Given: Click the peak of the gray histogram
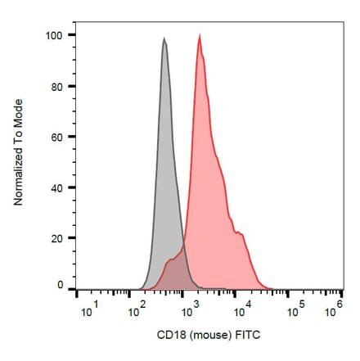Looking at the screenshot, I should pyautogui.click(x=164, y=38).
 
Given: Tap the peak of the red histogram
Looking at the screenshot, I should pyautogui.click(x=200, y=35).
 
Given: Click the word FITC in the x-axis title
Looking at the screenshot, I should pyautogui.click(x=248, y=336).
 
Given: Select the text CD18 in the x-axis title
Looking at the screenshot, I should pyautogui.click(x=169, y=336).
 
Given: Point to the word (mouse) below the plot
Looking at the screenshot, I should pyautogui.click(x=209, y=336).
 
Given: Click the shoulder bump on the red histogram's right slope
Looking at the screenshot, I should pyautogui.click(x=241, y=233).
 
